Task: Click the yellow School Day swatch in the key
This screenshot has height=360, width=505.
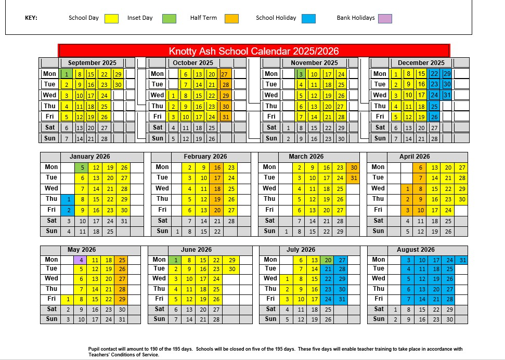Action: pos(111,19)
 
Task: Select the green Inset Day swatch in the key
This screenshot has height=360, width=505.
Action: pos(169,19)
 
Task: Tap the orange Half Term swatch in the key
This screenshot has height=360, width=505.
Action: pos(231,19)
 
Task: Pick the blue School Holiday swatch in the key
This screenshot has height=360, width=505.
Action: pos(308,19)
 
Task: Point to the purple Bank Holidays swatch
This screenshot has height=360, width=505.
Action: pos(385,19)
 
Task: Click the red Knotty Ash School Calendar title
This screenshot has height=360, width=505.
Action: pos(254,51)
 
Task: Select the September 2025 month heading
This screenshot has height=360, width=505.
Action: pos(92,63)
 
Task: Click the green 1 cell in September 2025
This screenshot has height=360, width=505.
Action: pos(66,74)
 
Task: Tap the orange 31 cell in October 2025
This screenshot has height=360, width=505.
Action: pos(225,117)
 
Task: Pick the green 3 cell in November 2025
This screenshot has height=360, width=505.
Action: pos(301,74)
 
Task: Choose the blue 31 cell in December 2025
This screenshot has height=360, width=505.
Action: pos(446,95)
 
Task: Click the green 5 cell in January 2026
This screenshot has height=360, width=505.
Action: pos(82,168)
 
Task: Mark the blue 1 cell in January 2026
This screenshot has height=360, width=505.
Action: pos(68,199)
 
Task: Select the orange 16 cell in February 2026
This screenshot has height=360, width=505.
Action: pos(217,168)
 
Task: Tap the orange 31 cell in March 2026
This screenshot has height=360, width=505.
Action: pos(354,178)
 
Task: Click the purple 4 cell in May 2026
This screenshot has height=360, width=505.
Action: pos(82,260)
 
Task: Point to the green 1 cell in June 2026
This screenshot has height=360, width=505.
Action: pos(176,260)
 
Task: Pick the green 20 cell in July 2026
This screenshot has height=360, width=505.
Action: pos(328,260)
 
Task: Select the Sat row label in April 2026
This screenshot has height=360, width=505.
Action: pos(378,221)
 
